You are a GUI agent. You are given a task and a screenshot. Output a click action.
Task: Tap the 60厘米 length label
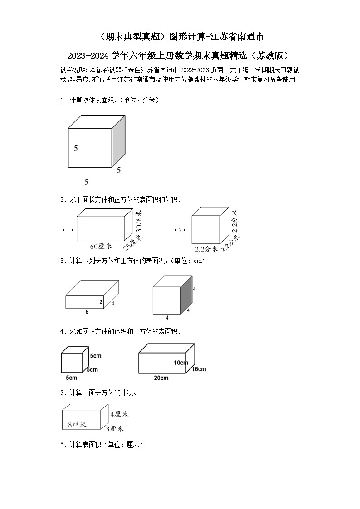tap(101, 246)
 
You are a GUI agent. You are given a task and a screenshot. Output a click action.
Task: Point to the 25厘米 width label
tap(132, 243)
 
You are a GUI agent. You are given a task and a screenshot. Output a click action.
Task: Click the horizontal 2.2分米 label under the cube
tap(206, 249)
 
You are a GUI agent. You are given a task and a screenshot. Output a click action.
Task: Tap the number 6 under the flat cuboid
tap(87, 312)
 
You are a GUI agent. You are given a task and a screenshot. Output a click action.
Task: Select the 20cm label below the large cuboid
tap(161, 378)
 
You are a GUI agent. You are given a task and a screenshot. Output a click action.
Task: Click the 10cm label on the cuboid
tap(180, 363)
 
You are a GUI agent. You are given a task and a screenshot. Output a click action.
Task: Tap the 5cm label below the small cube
tap(71, 378)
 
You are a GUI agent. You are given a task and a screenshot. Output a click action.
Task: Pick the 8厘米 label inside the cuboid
tap(77, 424)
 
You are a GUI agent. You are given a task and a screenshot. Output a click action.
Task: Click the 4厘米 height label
tap(119, 414)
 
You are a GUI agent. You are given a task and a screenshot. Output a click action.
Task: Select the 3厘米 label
tap(115, 429)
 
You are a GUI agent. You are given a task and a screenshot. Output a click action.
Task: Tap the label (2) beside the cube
tap(180, 230)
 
